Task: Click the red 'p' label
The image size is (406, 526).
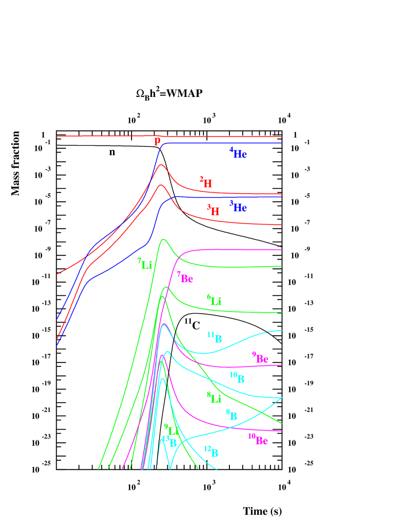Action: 158,142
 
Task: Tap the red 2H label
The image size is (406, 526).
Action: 206,183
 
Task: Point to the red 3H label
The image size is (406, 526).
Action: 213,211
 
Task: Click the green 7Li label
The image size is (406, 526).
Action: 145,264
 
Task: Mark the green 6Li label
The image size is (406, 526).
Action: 214,300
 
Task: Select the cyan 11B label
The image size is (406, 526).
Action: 215,338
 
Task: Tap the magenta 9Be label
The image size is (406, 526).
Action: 260,358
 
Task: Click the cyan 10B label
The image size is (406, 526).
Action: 237,377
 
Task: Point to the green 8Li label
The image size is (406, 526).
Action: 214,397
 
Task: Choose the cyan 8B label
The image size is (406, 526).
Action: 232,415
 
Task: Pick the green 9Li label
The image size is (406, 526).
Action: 171,430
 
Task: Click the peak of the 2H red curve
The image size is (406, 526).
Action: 161,164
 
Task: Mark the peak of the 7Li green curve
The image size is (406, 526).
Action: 163,239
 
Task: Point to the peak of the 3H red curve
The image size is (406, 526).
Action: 160,185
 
